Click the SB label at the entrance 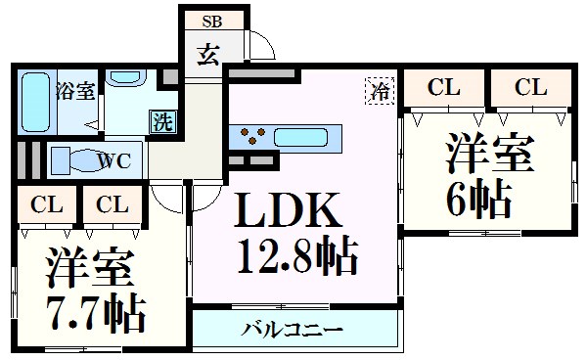tap(211, 20)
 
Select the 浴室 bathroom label tap(74, 93)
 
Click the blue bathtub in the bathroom tap(37, 103)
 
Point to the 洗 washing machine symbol tap(163, 121)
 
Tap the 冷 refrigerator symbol tap(380, 91)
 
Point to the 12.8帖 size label tap(296, 258)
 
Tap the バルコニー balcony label tap(293, 329)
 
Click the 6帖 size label tap(479, 201)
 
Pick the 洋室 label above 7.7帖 tap(88, 267)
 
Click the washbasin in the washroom tap(125, 77)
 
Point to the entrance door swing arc tap(261, 46)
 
